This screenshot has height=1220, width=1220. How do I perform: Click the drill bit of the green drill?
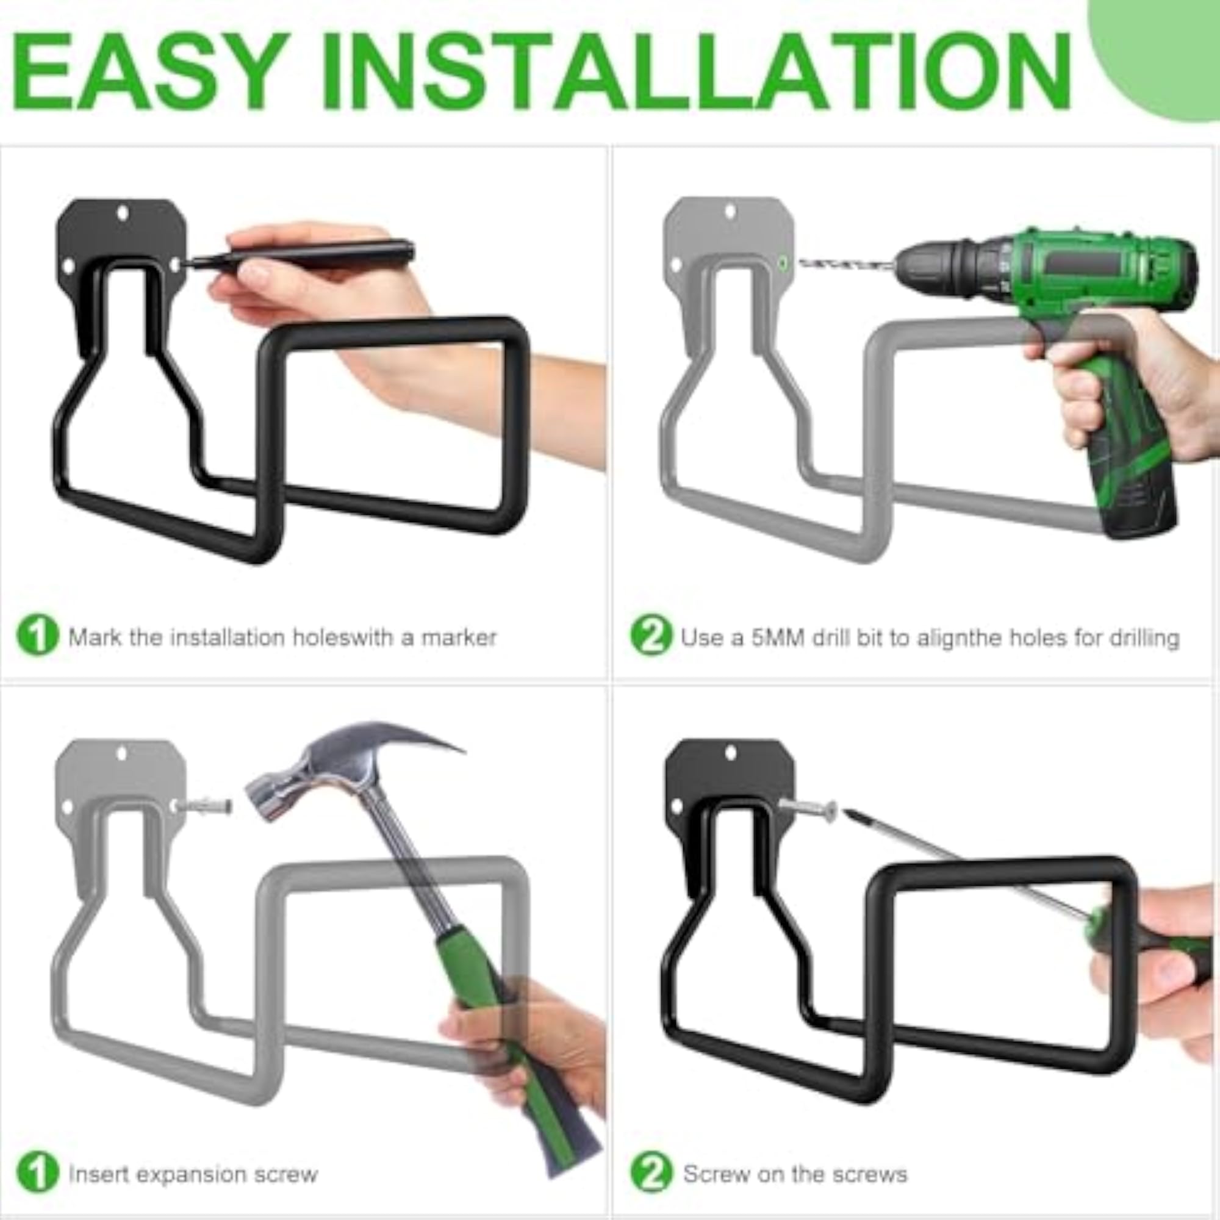[x=846, y=264]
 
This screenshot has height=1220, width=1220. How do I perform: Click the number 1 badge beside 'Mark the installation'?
[x=38, y=636]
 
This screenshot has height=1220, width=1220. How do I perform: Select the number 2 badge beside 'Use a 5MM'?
[x=651, y=636]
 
